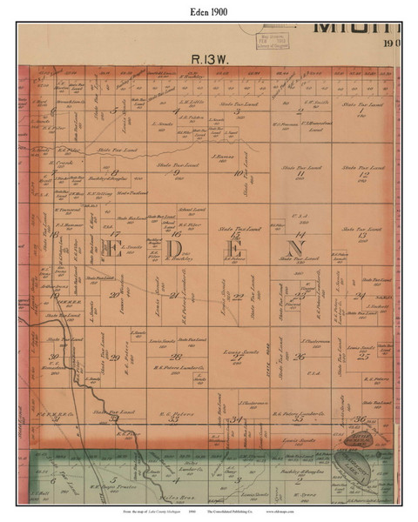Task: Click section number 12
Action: (363, 175)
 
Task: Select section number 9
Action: (177, 175)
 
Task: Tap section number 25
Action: (363, 355)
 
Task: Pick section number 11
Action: (300, 175)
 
